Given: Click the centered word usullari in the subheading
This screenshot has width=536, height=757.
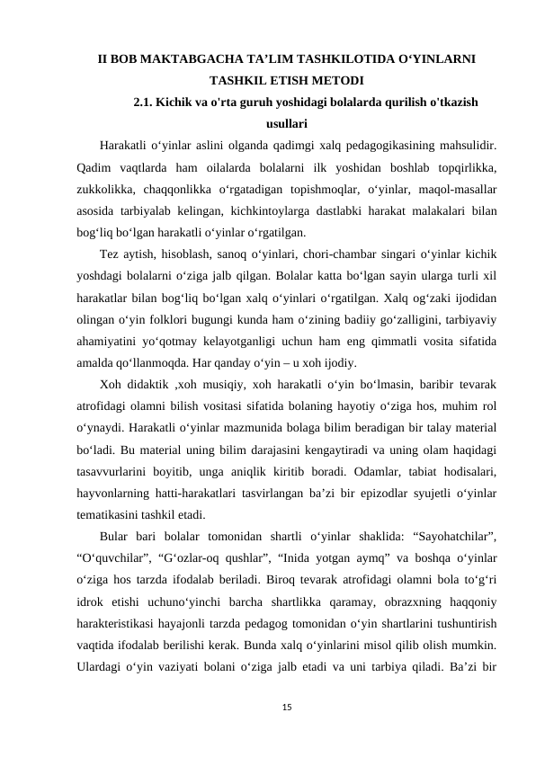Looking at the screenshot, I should [288, 123].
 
